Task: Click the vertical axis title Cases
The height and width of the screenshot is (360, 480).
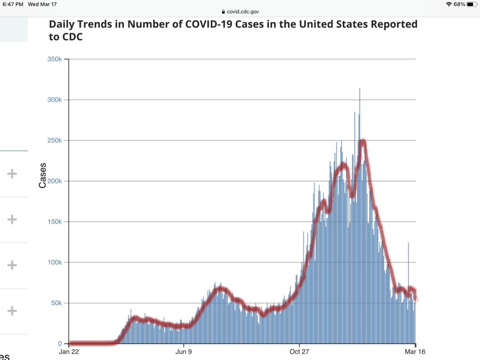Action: click(x=43, y=175)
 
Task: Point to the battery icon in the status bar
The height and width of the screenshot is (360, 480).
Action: click(x=471, y=4)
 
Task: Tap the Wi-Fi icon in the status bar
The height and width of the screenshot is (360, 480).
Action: click(x=449, y=4)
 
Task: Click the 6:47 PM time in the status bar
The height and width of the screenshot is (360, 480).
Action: click(x=13, y=4)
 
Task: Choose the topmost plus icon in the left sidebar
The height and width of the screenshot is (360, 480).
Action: click(x=12, y=174)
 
